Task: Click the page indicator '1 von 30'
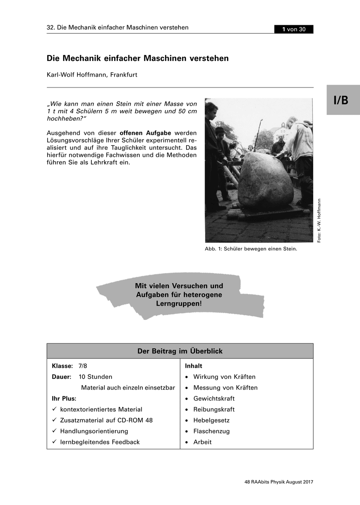294,29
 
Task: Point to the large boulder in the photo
265,181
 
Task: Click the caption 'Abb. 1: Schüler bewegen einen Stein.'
251,249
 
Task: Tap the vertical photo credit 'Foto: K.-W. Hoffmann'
319,220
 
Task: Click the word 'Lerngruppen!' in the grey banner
179,303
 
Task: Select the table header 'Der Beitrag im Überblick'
180,351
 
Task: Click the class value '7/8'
83,366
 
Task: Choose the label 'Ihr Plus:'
64,399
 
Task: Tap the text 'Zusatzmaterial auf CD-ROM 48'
107,420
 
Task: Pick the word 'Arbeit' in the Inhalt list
203,442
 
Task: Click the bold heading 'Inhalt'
194,366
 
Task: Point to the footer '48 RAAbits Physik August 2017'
279,482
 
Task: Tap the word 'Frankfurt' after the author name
124,75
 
